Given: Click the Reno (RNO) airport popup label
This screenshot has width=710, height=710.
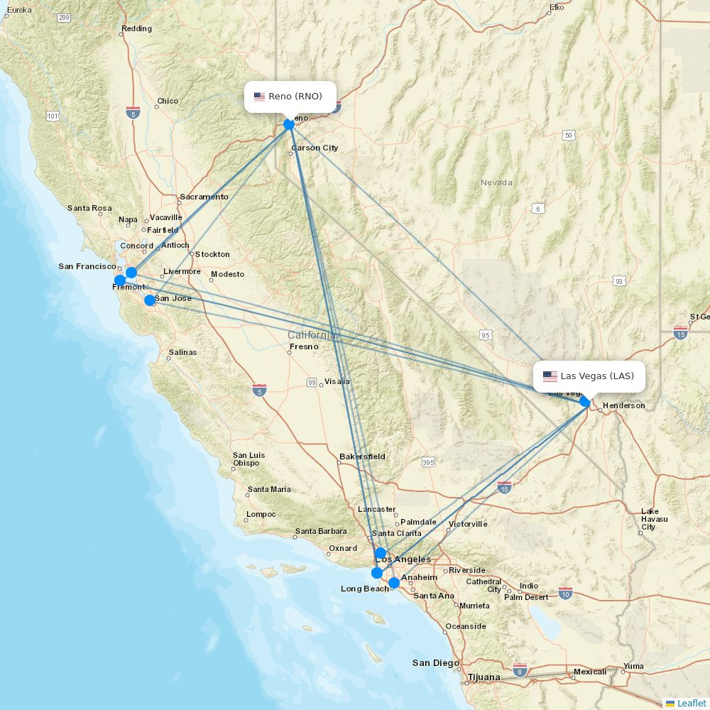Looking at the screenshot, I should [290, 97].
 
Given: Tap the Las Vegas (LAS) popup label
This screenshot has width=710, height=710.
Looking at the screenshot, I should [589, 376].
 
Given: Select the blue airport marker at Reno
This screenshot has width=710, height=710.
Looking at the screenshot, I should [289, 124].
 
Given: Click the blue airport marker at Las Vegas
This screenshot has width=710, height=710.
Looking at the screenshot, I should [584, 401].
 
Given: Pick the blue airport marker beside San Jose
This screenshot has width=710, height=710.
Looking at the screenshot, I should [149, 300].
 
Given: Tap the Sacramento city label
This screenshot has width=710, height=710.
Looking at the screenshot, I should [204, 197].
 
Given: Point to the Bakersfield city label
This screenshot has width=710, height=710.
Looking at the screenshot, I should [362, 457].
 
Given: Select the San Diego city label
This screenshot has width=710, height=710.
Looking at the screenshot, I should [436, 663].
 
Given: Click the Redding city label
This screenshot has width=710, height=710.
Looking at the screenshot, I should [136, 29].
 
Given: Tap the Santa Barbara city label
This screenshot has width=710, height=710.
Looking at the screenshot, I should [321, 531].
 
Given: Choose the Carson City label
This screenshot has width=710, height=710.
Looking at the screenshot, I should [315, 148].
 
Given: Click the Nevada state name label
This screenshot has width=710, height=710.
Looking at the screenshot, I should [496, 182].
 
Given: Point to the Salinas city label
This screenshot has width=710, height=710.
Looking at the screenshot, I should [182, 352].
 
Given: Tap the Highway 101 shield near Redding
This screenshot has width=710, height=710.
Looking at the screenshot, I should [52, 115].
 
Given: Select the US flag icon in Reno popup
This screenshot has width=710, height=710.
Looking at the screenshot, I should [259, 97].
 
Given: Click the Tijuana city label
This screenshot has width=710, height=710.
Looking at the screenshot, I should [484, 677].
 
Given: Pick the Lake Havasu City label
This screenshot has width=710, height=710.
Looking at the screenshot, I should [653, 519].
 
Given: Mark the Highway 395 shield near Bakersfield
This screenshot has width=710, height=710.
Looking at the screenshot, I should [427, 463].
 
